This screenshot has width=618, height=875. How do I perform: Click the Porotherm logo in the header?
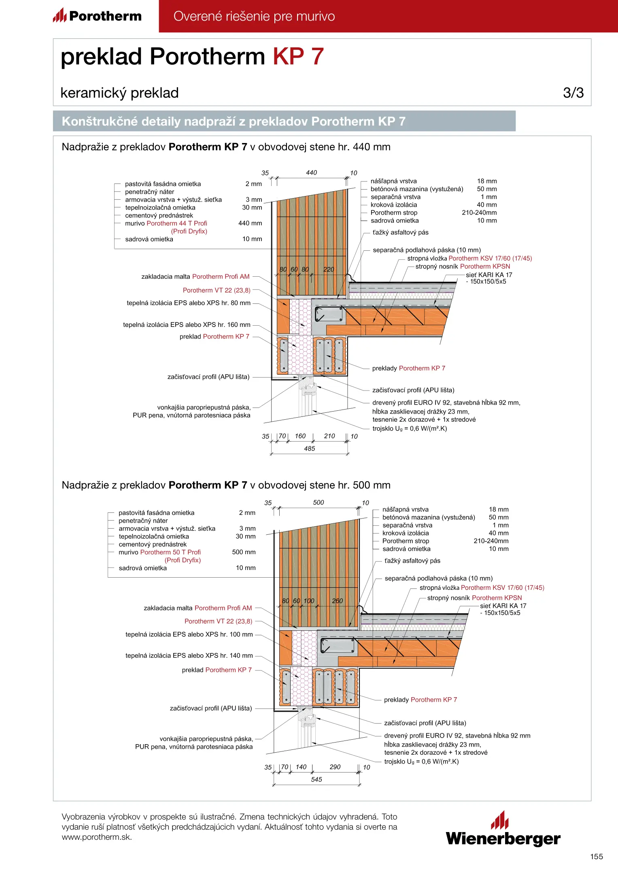[x=97, y=16]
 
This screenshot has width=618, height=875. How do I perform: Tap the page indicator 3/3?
[x=573, y=93]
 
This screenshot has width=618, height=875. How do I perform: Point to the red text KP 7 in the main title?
[x=298, y=56]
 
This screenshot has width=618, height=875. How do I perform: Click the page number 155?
[x=596, y=856]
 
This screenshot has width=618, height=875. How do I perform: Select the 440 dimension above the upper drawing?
[x=311, y=173]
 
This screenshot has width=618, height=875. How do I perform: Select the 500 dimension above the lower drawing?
[x=319, y=502]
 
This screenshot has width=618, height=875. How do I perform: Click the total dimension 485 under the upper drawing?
[x=309, y=448]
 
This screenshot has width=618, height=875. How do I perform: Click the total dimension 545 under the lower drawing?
[x=316, y=779]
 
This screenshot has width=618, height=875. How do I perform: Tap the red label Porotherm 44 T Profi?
[x=177, y=223]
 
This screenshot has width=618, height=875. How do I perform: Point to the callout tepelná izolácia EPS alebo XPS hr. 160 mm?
[x=187, y=324]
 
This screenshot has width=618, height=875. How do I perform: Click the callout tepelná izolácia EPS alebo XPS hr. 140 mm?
[x=189, y=655]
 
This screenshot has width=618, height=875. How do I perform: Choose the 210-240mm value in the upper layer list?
[x=479, y=213]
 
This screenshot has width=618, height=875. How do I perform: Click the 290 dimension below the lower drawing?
[x=335, y=767]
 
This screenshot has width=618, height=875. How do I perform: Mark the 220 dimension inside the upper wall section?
[x=329, y=269]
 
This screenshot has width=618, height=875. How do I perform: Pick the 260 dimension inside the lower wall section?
[x=337, y=601]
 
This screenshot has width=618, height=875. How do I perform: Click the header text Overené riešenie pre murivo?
[x=254, y=16]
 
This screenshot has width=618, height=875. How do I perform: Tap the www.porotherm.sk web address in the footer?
[x=96, y=837]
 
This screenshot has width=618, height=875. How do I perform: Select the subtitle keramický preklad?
[x=119, y=93]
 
